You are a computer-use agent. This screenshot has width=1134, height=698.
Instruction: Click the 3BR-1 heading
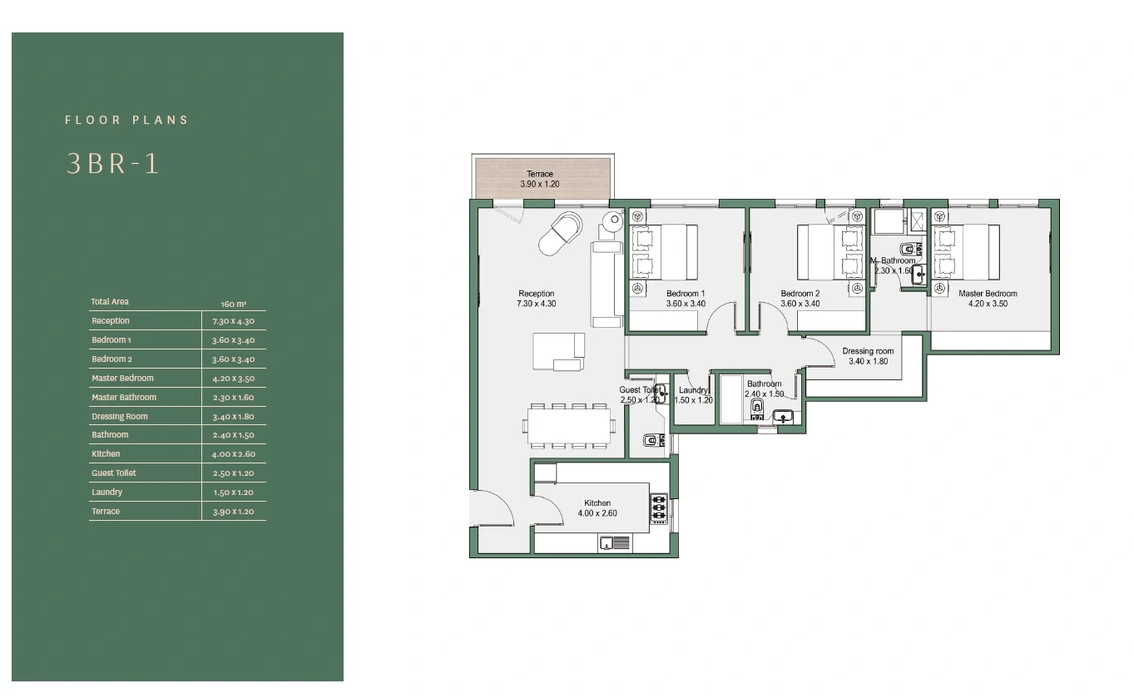coord(113,164)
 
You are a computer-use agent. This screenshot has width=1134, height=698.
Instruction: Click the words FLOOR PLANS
coord(126,120)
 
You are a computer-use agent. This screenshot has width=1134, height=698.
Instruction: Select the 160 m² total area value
coord(234,304)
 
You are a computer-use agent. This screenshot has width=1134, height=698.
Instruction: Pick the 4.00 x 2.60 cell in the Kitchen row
coord(234,454)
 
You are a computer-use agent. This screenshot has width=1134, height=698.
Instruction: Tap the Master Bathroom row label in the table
coord(124,398)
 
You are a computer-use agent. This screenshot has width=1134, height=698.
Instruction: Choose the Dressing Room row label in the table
coord(120,417)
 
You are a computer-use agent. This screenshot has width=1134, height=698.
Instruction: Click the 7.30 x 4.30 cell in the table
coord(234,321)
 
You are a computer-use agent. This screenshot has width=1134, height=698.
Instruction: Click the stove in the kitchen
coord(659,508)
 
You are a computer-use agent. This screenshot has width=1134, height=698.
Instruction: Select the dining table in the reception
coord(569,426)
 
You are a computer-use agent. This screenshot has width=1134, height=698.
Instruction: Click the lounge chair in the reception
coord(561,233)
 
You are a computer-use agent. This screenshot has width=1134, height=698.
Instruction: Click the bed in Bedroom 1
coord(664,251)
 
